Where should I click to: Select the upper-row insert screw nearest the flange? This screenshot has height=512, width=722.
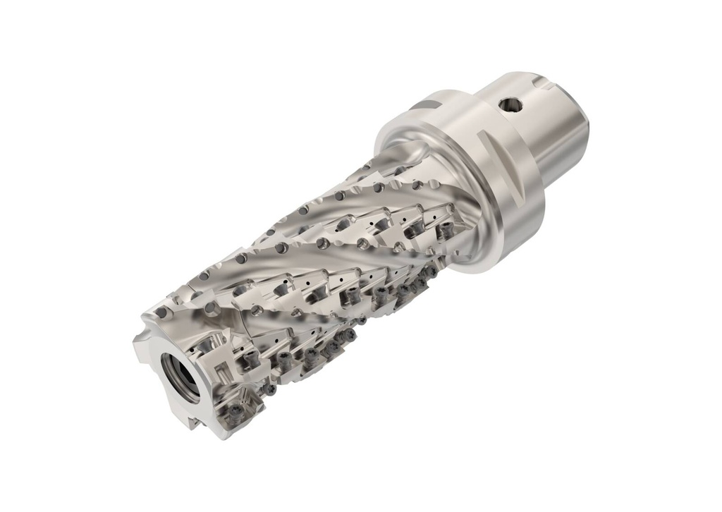pyautogui.click(x=446, y=231)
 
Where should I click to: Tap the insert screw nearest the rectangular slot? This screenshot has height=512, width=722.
pyautogui.click(x=248, y=361)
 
